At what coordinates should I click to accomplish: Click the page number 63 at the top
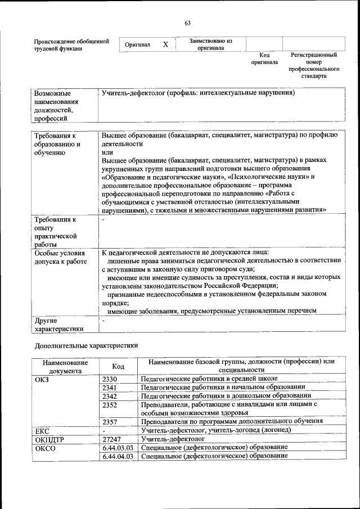(x=187, y=23)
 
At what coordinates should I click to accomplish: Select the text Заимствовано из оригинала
(x=210, y=44)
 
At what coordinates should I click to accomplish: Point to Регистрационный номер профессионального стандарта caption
(x=313, y=65)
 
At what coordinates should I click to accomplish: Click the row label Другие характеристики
(x=58, y=324)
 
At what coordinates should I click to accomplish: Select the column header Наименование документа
(x=65, y=367)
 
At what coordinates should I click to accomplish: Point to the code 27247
(x=112, y=438)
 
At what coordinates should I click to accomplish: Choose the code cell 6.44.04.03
(x=118, y=456)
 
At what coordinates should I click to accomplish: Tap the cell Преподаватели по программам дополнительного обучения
(x=231, y=421)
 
